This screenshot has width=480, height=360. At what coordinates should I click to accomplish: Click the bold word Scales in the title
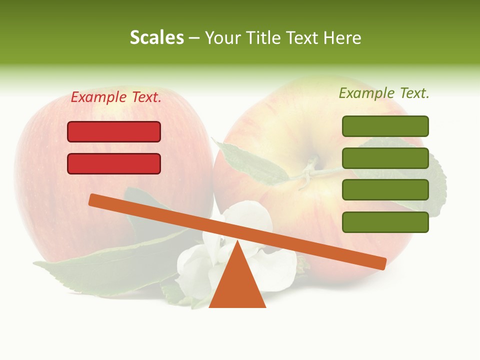(x=156, y=37)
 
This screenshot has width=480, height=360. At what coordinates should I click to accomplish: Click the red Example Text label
(x=116, y=97)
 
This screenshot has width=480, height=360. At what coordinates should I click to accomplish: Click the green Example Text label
(x=384, y=93)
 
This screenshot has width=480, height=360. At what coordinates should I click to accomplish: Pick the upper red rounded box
(x=114, y=131)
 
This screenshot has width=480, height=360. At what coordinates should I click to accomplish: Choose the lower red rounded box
(x=114, y=163)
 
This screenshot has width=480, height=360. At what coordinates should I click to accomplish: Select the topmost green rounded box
(x=385, y=126)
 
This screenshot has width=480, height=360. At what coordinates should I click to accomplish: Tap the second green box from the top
(x=385, y=158)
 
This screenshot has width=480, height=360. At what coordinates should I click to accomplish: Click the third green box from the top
(x=385, y=190)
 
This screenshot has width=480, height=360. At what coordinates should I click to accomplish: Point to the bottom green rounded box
(x=385, y=222)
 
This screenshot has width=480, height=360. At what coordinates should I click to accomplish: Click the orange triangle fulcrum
(x=237, y=285)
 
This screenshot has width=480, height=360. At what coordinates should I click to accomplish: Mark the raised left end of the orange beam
(x=95, y=200)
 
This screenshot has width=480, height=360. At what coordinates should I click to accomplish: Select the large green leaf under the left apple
(x=100, y=270)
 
